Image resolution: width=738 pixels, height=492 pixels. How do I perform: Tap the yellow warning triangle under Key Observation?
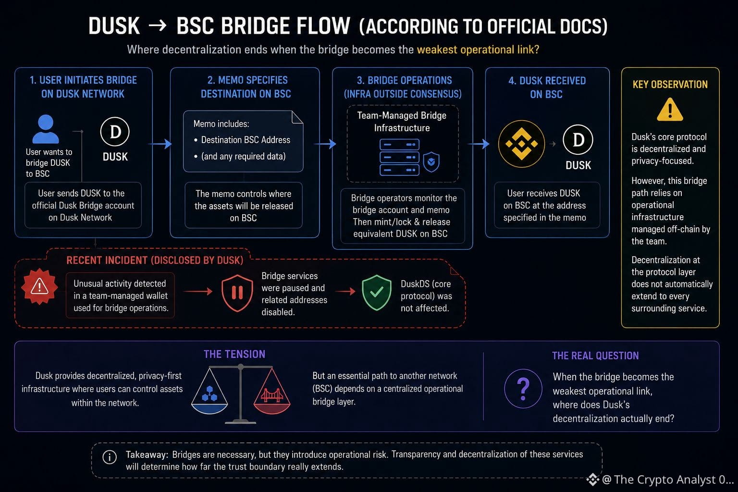pyautogui.click(x=670, y=110)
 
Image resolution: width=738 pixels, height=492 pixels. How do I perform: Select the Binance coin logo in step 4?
pyautogui.click(x=521, y=144)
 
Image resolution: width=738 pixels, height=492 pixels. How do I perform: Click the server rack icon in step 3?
pyautogui.click(x=399, y=157)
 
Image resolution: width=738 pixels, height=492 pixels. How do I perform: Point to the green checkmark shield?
pyautogui.click(x=377, y=292)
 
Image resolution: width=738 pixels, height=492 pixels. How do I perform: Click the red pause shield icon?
pyautogui.click(x=237, y=293)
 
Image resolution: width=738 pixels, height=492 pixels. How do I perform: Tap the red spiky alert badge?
pyautogui.click(x=39, y=286)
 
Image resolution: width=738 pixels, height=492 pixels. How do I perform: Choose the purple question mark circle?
pyautogui.click(x=523, y=389)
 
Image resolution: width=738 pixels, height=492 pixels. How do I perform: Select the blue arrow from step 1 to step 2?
pyautogui.click(x=160, y=144)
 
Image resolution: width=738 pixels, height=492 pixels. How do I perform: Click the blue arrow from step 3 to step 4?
pyautogui.click(x=479, y=144)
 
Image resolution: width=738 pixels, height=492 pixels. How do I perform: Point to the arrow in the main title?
pyautogui.click(x=158, y=25)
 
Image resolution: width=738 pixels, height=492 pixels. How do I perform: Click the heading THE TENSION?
pyautogui.click(x=234, y=354)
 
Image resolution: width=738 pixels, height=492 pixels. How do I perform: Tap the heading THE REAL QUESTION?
pyautogui.click(x=595, y=356)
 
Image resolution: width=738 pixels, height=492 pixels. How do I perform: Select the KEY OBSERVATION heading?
pyautogui.click(x=670, y=85)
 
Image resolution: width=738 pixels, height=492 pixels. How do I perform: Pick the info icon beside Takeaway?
pyautogui.click(x=110, y=457)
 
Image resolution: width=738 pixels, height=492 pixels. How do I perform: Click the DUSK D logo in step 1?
pyautogui.click(x=115, y=132)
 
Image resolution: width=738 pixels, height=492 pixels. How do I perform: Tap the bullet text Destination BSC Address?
pyautogui.click(x=246, y=140)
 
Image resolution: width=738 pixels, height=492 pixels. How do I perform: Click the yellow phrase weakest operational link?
pyautogui.click(x=478, y=49)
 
